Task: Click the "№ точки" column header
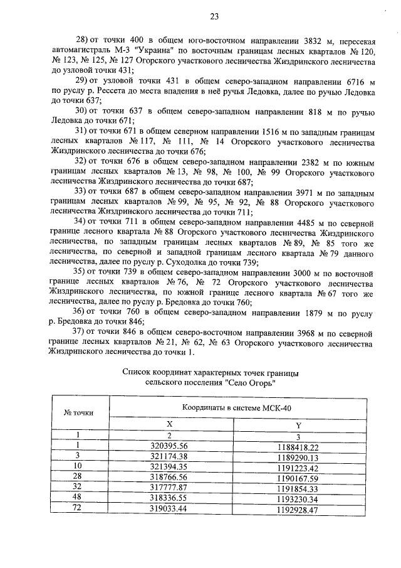(x=79, y=412)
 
